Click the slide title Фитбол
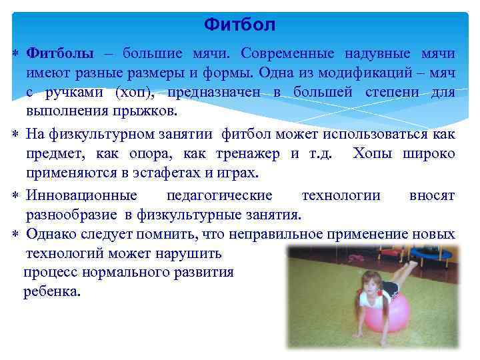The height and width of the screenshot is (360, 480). pyautogui.click(x=240, y=25)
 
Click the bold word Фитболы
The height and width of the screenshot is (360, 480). pyautogui.click(x=59, y=53)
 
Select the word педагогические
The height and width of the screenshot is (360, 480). pyautogui.click(x=219, y=195)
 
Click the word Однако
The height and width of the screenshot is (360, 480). pyautogui.click(x=52, y=234)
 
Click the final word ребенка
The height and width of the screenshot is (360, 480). pyautogui.click(x=52, y=291)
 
